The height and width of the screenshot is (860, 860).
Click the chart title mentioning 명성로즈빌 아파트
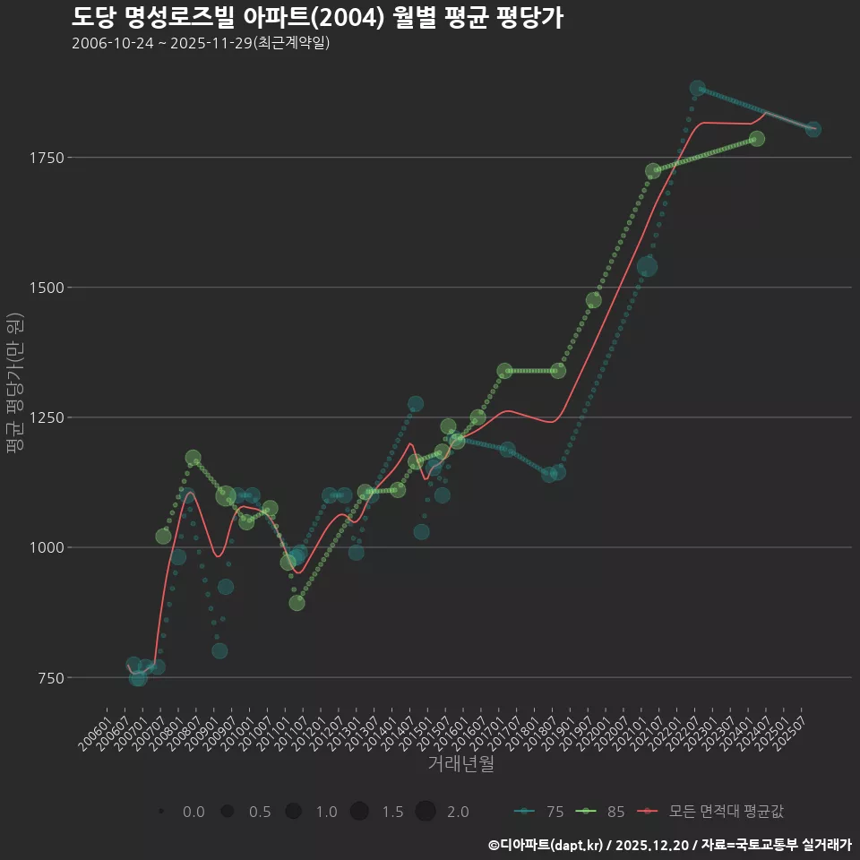pyautogui.click(x=317, y=18)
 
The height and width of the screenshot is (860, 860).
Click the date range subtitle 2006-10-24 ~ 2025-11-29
pyautogui.click(x=201, y=43)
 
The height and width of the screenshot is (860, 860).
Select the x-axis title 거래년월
pyautogui.click(x=461, y=764)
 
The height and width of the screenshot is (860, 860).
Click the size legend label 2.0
pyautogui.click(x=458, y=812)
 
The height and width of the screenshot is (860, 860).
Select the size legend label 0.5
pyautogui.click(x=260, y=812)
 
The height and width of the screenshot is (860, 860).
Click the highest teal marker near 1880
pyautogui.click(x=698, y=89)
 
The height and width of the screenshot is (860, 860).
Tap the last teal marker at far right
pyautogui.click(x=813, y=130)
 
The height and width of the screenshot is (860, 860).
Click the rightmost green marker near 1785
pyautogui.click(x=756, y=139)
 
